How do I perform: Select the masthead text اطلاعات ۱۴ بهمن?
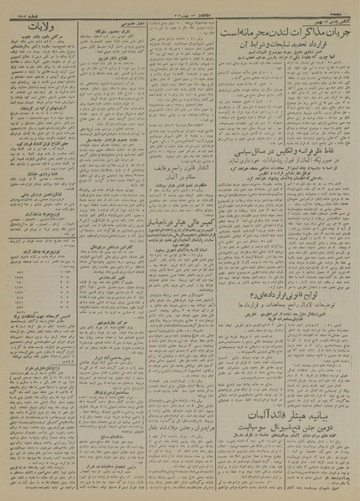click(180, 7)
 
